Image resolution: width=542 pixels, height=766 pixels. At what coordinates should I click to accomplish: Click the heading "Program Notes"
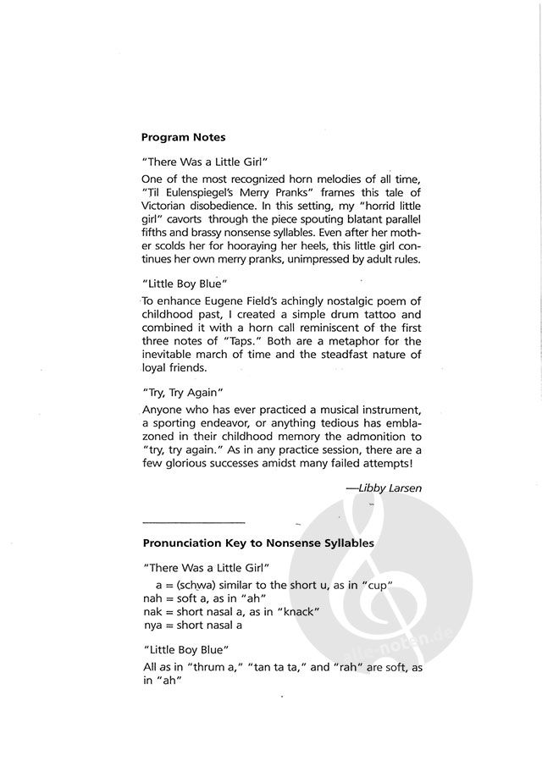pos(183,136)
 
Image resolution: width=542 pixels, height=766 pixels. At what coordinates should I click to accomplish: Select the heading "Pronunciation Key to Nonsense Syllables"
pos(258,542)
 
